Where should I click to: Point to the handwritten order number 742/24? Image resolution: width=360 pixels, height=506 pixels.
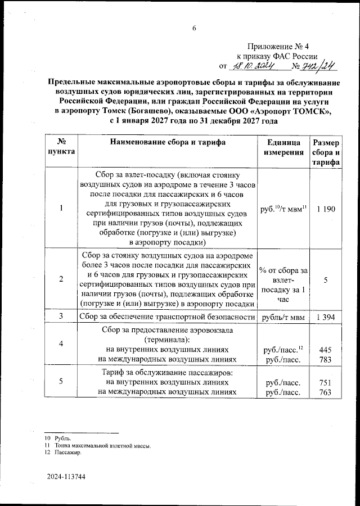(319, 66)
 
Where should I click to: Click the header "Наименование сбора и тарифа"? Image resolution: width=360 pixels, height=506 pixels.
(168, 143)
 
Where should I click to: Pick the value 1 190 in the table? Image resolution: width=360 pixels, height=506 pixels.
(326, 209)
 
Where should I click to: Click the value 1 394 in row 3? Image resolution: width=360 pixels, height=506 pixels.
(326, 318)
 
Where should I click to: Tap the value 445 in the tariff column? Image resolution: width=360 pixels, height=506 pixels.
(326, 349)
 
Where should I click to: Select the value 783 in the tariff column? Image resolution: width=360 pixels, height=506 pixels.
(326, 359)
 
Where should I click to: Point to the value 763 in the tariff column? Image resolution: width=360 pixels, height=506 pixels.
(326, 392)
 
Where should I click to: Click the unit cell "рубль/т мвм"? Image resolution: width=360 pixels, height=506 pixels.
(284, 318)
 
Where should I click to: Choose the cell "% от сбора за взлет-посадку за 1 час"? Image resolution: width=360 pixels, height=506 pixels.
(284, 279)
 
